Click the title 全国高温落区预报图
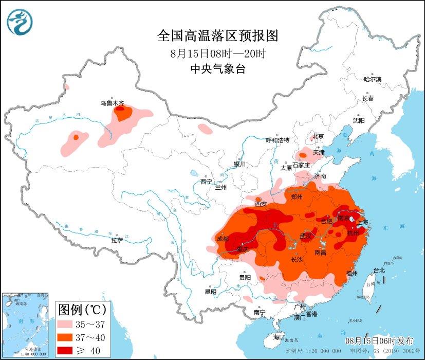pyautogui.click(x=217, y=35)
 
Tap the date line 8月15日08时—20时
pyautogui.click(x=217, y=53)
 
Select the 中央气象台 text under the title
pyautogui.click(x=217, y=69)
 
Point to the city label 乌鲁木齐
pyautogui.click(x=112, y=103)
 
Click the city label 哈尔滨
pyautogui.click(x=373, y=79)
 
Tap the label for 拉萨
pyautogui.click(x=117, y=240)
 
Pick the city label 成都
pyautogui.click(x=223, y=239)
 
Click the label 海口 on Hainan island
pyautogui.click(x=279, y=337)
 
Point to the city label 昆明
pyautogui.click(x=211, y=292)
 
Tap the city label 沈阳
pyautogui.click(x=358, y=120)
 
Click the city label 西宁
pyautogui.click(x=206, y=181)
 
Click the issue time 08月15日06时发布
pyautogui.click(x=379, y=340)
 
